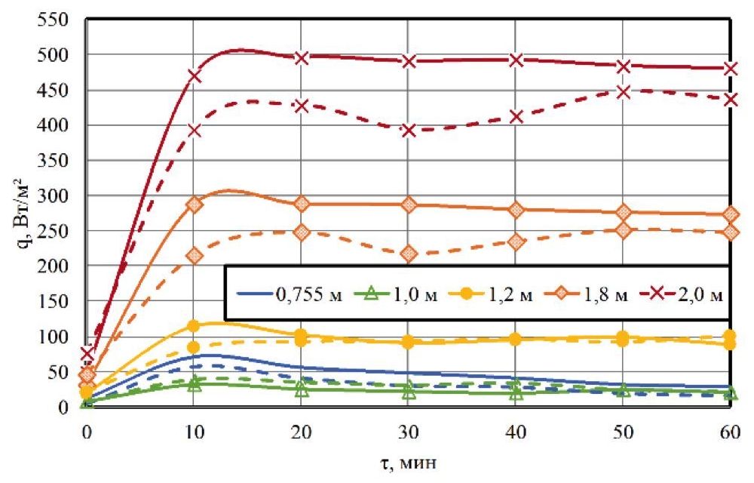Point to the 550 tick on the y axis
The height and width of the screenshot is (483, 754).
[x=57, y=20]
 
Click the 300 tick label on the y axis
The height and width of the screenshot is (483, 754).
[x=57, y=195]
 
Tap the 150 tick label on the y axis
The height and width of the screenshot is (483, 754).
[x=57, y=301]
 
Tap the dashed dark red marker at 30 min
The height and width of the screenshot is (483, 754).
[x=409, y=131]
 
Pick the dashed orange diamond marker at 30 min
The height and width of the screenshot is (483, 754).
[x=409, y=254]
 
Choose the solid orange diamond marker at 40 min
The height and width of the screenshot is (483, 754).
[x=516, y=211]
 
